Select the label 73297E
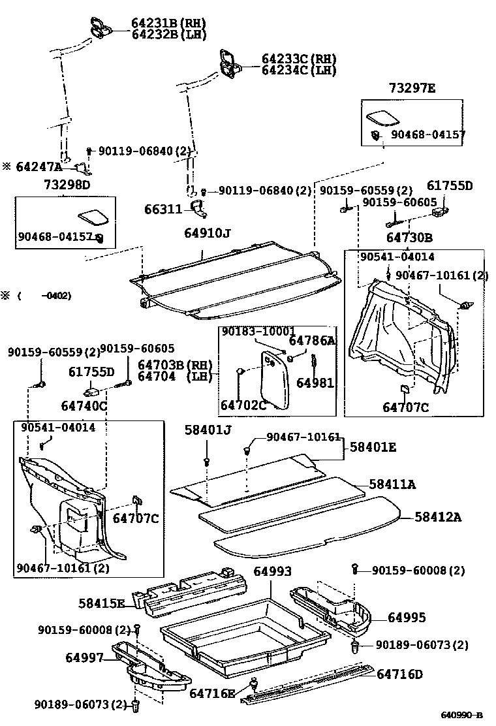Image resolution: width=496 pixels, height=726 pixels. (412, 88)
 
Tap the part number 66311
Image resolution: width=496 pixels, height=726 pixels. (163, 209)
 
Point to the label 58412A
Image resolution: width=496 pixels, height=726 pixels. (438, 517)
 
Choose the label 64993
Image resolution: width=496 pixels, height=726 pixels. (272, 571)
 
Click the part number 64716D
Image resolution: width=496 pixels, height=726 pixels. (400, 673)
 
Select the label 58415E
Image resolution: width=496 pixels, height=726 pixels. (102, 603)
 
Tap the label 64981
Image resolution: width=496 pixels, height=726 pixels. (315, 383)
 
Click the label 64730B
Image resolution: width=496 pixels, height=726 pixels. (409, 238)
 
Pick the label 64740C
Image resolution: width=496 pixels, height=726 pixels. (85, 405)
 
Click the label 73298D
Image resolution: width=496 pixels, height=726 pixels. (67, 185)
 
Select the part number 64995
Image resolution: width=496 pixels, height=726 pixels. (407, 617)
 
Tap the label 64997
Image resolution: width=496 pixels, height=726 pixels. (84, 657)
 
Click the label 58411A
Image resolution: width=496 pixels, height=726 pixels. (392, 484)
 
